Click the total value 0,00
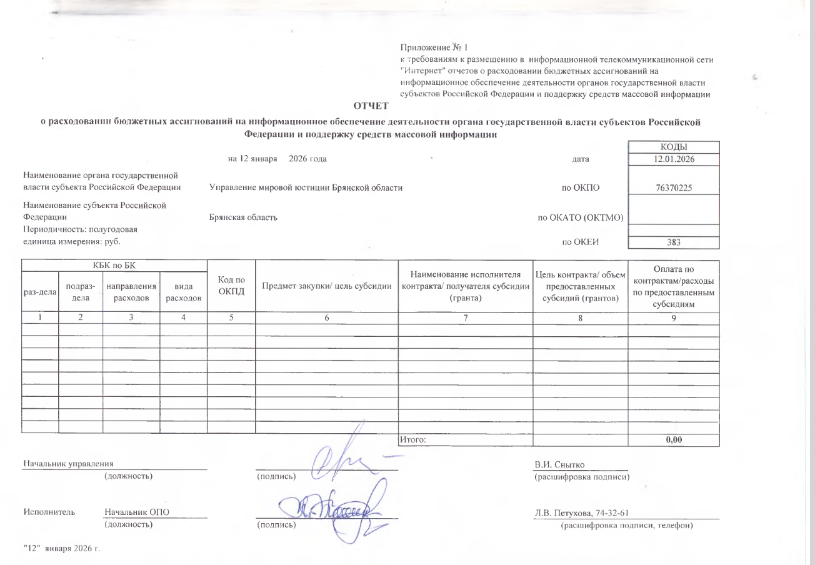[x=673, y=439]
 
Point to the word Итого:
[x=412, y=439]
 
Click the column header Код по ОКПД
[x=231, y=287]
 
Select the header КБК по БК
[x=114, y=266]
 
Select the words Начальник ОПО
[x=137, y=512]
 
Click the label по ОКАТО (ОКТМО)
[x=581, y=217]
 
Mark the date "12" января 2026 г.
[x=62, y=548]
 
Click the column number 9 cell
[x=673, y=317]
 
